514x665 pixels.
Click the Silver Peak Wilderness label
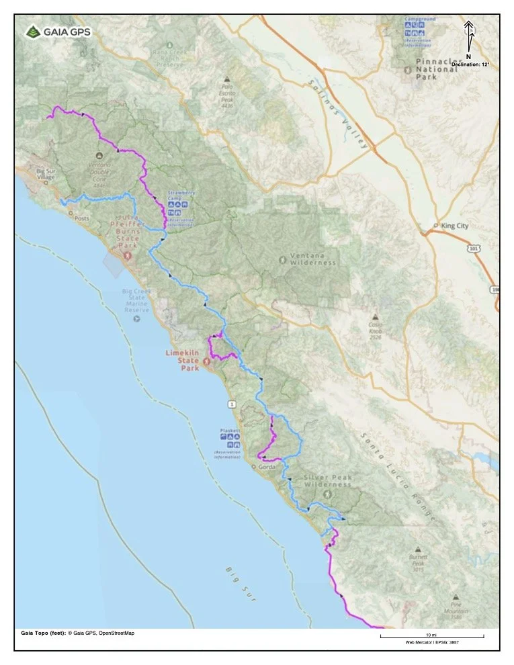coord(327,481)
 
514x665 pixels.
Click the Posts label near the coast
coord(82,218)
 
